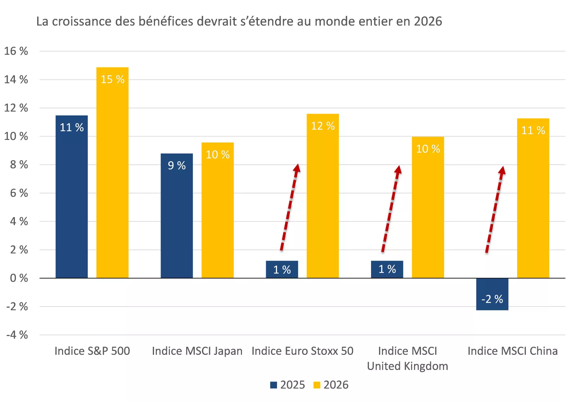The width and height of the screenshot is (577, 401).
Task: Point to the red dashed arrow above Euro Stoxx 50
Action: [x=290, y=207]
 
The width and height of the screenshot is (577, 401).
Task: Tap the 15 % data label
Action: [x=112, y=79]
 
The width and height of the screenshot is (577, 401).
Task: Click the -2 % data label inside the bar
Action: [x=492, y=299]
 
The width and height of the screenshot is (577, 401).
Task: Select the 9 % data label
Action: [x=176, y=166]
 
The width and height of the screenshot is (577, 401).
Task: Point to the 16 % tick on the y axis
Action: [x=16, y=51]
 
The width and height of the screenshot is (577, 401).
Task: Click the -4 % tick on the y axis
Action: [x=17, y=335]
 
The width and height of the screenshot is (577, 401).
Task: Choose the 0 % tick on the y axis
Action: [x=19, y=278]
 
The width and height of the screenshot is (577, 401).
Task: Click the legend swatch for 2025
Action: [x=274, y=385]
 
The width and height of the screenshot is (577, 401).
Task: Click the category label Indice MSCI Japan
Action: [x=197, y=351]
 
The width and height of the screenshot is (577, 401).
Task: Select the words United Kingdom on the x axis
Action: [x=408, y=366]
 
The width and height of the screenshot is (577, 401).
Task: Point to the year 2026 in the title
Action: [x=428, y=21]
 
